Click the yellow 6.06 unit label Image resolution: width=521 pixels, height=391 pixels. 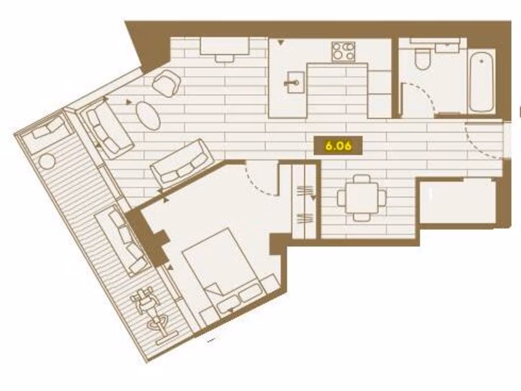338,146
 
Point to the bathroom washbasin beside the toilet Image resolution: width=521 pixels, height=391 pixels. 447,47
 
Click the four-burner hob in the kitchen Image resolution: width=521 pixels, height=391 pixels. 343,51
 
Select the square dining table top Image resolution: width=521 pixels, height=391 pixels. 361,198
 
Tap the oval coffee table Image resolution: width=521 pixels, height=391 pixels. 148,116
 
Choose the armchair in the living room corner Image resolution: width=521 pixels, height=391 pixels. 166,83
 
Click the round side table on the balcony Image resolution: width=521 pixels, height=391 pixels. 47,161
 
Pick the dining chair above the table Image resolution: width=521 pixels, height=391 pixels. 362,179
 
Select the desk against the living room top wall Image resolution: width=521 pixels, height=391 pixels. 224,47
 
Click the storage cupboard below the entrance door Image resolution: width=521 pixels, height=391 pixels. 457,201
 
